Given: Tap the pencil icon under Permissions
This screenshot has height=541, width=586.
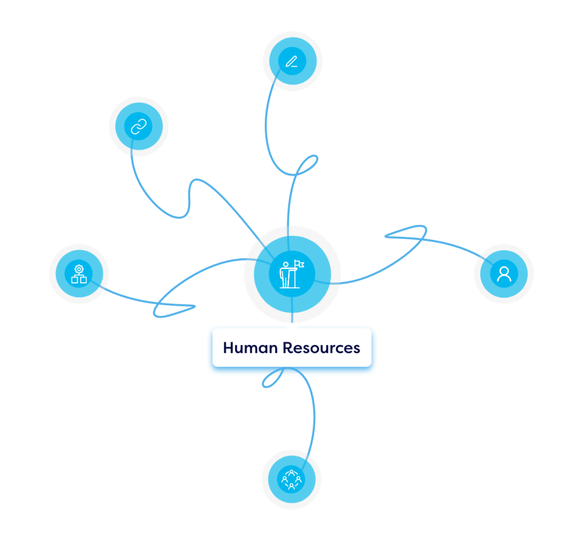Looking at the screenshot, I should (x=292, y=60).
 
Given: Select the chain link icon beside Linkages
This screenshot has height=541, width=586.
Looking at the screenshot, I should (x=138, y=127).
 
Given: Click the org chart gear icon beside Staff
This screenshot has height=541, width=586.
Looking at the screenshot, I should (x=79, y=274).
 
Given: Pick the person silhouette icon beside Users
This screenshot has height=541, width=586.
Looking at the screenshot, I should (x=504, y=274).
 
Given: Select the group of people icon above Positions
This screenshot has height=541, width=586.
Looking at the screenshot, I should (x=291, y=479).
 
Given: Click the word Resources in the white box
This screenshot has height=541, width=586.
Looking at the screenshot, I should (x=323, y=347).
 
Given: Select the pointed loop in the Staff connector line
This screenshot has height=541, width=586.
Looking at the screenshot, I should (x=172, y=309).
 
